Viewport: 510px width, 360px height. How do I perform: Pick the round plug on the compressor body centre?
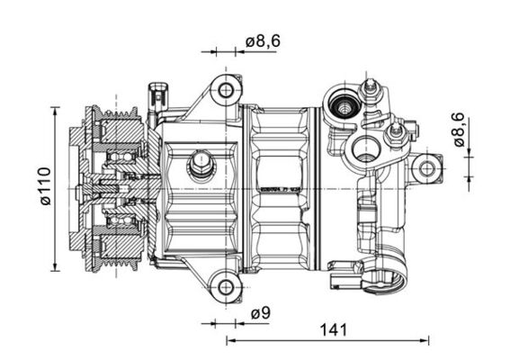coord(200,166)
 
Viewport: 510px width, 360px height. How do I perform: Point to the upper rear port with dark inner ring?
coord(344,107)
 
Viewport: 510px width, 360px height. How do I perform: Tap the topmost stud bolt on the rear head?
coord(368,88)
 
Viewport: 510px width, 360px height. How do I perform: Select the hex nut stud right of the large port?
coord(392,137)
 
